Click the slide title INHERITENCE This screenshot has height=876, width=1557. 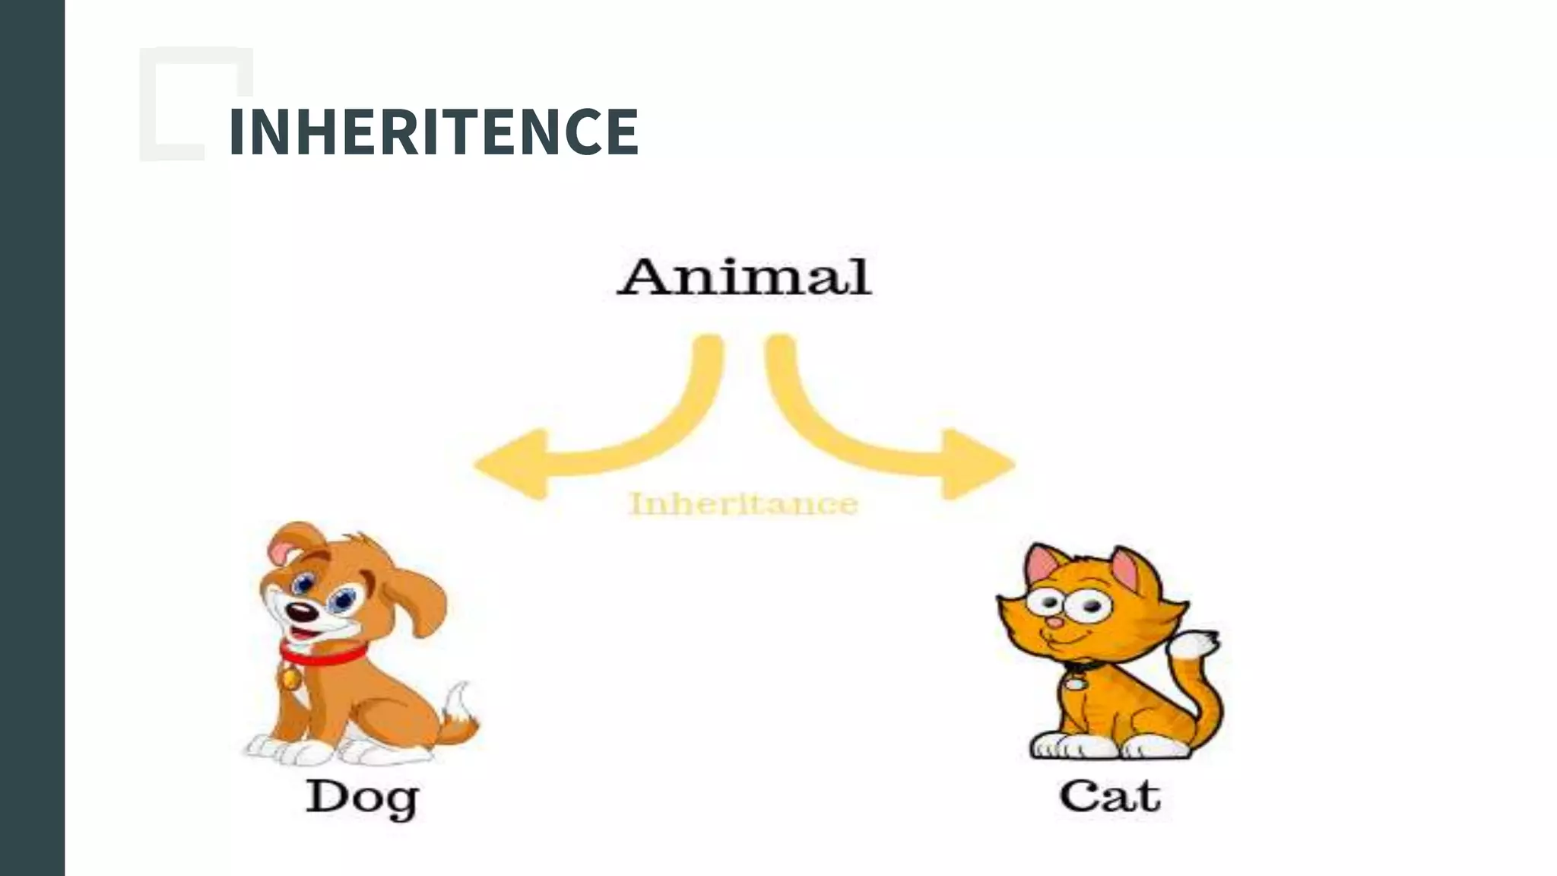coord(433,132)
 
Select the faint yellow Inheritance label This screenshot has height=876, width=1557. coord(744,503)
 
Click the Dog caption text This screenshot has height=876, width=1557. coord(362,798)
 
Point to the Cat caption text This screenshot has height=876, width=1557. coord(1110,796)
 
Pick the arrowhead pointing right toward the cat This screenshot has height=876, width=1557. coord(978,464)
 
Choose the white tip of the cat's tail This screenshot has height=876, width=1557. coord(1195,647)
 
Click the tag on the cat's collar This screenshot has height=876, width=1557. coord(1075,683)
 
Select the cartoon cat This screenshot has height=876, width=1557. coord(1110,654)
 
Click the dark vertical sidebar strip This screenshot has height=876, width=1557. coord(32,438)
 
